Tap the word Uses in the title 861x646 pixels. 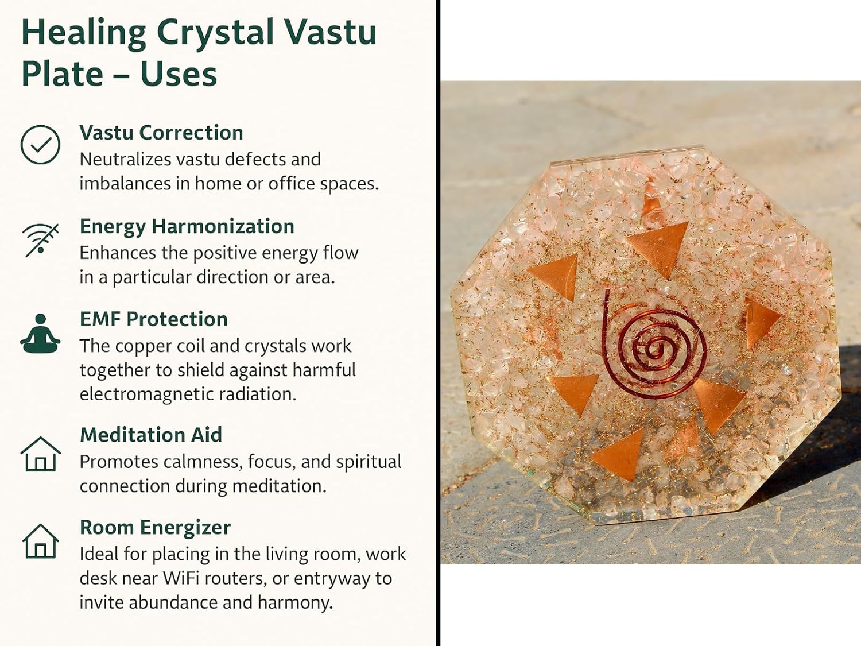pyautogui.click(x=178, y=74)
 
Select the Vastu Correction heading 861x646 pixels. pyautogui.click(x=161, y=133)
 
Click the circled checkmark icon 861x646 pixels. pyautogui.click(x=40, y=144)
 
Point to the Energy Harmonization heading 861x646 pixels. pyautogui.click(x=187, y=227)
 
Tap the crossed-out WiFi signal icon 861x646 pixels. pyautogui.click(x=40, y=240)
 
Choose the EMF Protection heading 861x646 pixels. pyautogui.click(x=154, y=319)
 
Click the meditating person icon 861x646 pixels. pyautogui.click(x=40, y=334)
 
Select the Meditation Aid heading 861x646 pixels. pyautogui.click(x=151, y=435)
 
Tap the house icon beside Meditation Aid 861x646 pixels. pyautogui.click(x=40, y=454)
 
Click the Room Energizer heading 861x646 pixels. pyautogui.click(x=156, y=528)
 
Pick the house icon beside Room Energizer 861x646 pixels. pyautogui.click(x=40, y=541)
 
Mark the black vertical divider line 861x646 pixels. pyautogui.click(x=438, y=323)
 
